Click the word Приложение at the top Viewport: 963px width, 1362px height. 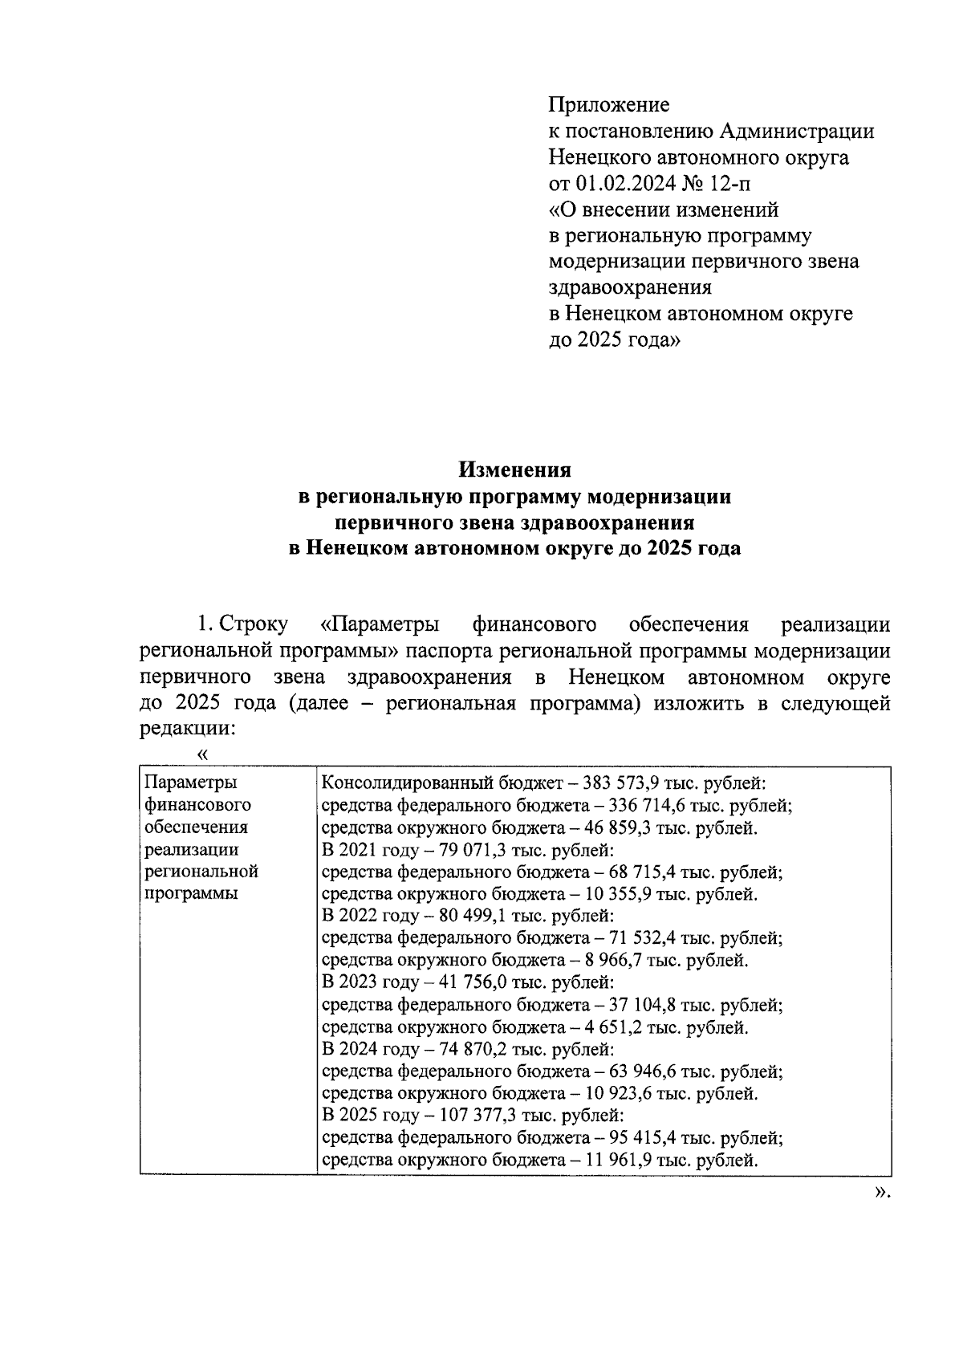[x=608, y=105]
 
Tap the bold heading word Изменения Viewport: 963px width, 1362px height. [x=514, y=470]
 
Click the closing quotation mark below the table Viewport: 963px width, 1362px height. [x=882, y=1193]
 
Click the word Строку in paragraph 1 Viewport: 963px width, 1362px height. [x=253, y=624]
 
